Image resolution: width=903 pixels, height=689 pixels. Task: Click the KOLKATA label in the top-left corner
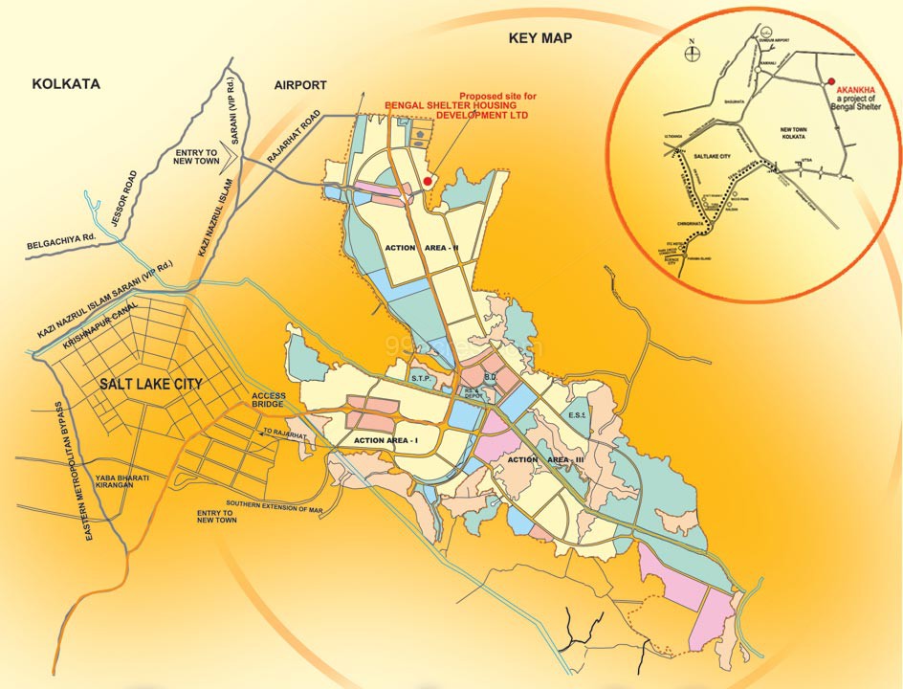[x=66, y=84]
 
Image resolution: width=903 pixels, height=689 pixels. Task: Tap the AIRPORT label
[x=300, y=85]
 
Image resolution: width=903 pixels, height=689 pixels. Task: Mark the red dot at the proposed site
[x=428, y=179]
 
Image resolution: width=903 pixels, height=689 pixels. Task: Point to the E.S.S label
[x=576, y=416]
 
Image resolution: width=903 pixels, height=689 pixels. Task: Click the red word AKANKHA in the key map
[x=853, y=89]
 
